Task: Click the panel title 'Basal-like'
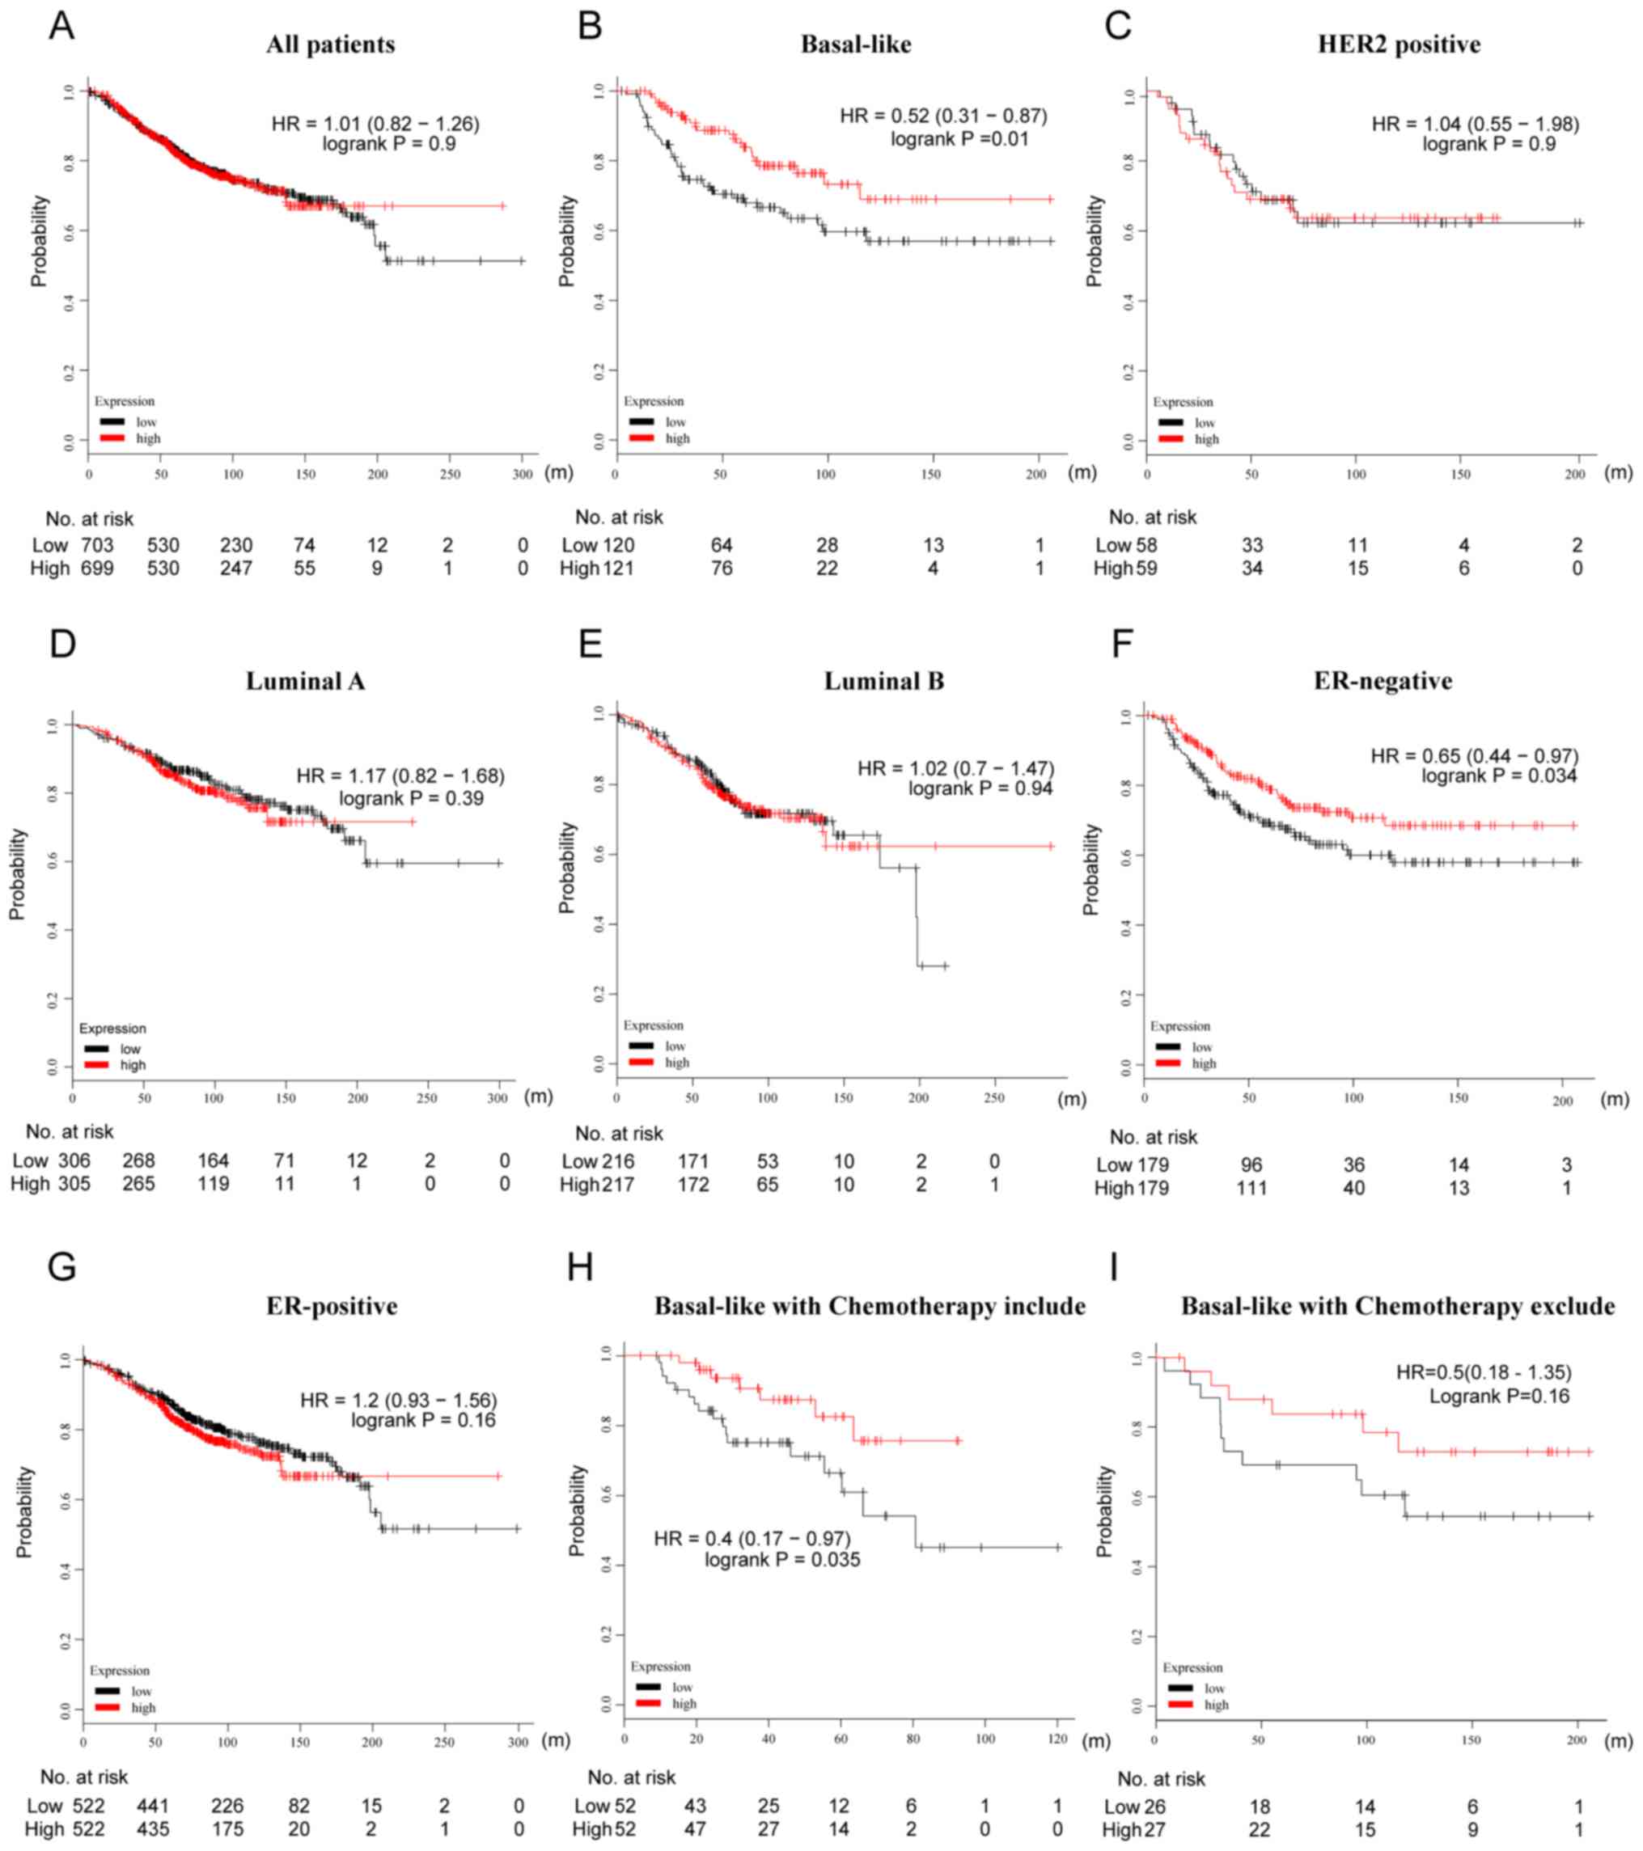(x=855, y=44)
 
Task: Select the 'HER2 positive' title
(x=1399, y=44)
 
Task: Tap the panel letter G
(x=61, y=1266)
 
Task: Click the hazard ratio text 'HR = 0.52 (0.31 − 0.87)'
(x=943, y=116)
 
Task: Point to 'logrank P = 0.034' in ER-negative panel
(x=1498, y=776)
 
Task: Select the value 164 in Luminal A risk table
(x=214, y=1161)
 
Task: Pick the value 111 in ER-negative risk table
(x=1251, y=1188)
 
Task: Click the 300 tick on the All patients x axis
(x=523, y=475)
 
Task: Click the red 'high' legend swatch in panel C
(x=1171, y=439)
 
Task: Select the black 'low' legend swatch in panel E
(x=642, y=1046)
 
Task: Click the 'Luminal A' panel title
(x=305, y=681)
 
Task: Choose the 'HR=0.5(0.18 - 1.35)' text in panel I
(x=1484, y=1372)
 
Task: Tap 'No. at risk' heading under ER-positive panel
(x=84, y=1777)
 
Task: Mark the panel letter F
(x=1121, y=644)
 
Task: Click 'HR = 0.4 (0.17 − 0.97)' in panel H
(x=752, y=1539)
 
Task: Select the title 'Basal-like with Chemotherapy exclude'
(x=1398, y=1306)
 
